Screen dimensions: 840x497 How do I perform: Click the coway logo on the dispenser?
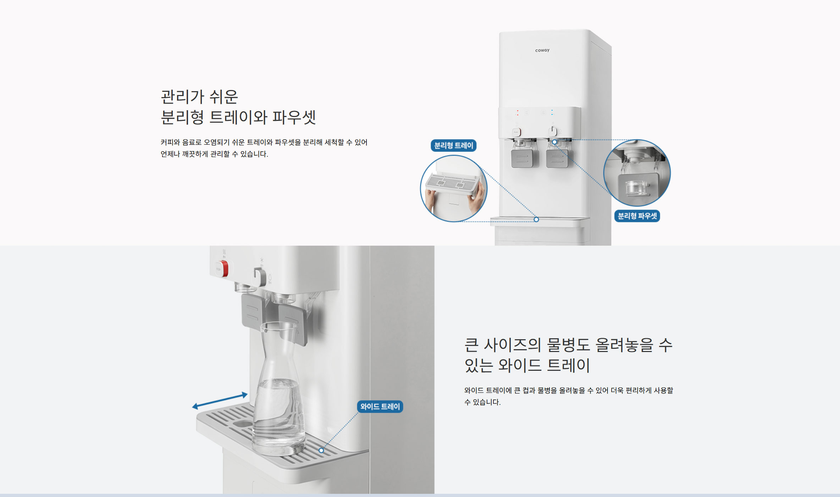pyautogui.click(x=542, y=50)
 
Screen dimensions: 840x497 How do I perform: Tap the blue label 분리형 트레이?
pyautogui.click(x=454, y=145)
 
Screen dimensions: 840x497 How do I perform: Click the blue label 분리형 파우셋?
pyautogui.click(x=637, y=216)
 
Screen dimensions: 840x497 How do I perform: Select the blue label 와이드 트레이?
pyautogui.click(x=380, y=407)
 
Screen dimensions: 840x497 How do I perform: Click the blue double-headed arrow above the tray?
pyautogui.click(x=220, y=401)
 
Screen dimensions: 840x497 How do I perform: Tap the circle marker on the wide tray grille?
pyautogui.click(x=321, y=450)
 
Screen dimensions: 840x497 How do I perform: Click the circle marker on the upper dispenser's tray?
pyautogui.click(x=536, y=219)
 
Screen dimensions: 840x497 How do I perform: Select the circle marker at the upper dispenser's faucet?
pyautogui.click(x=554, y=142)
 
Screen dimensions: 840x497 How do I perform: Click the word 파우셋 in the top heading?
pyautogui.click(x=294, y=117)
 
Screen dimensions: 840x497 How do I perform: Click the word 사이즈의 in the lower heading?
pyautogui.click(x=512, y=345)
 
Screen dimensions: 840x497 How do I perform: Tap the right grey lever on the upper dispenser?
pyautogui.click(x=557, y=158)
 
